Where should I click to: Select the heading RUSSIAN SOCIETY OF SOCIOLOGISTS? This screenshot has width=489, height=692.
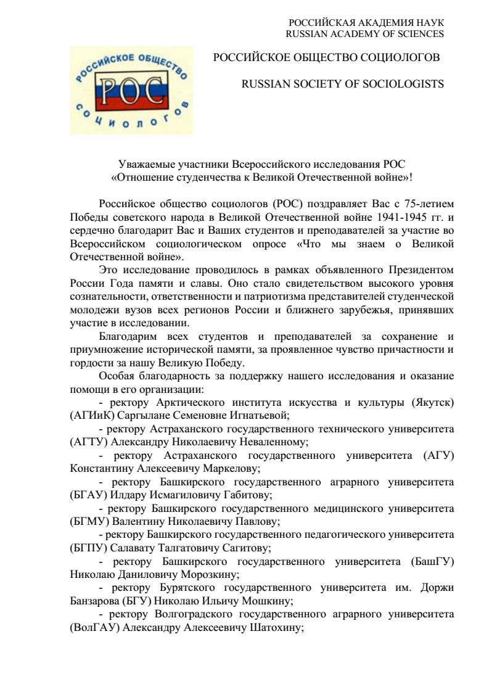342,84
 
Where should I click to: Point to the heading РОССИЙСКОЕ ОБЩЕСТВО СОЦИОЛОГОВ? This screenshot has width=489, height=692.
326,57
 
